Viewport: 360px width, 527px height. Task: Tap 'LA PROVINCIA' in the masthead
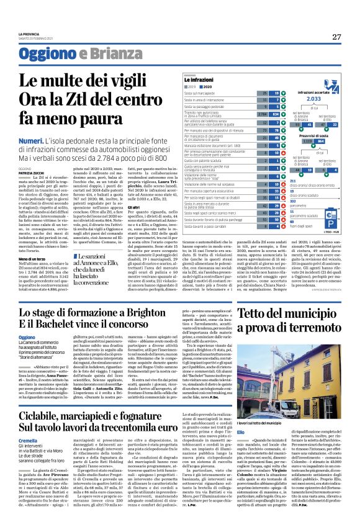[x=27, y=33]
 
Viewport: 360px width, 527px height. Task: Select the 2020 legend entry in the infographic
[x=216, y=87]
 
